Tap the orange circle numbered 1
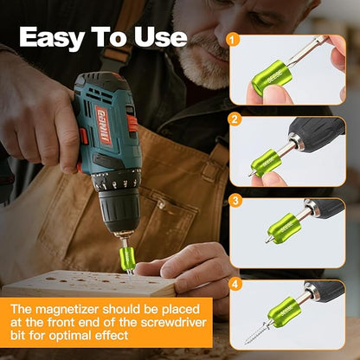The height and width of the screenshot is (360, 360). click(x=233, y=40)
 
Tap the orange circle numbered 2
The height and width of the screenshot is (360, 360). click(x=235, y=119)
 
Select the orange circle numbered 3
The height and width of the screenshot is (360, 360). click(x=235, y=201)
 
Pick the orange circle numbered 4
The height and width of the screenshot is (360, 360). click(x=235, y=285)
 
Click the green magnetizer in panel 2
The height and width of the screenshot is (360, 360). click(x=266, y=163)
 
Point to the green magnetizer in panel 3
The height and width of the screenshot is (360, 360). click(x=284, y=228)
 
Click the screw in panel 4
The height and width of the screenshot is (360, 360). click(x=256, y=332)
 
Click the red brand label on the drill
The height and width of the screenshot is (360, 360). click(x=104, y=125)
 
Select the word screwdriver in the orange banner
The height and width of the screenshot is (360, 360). click(x=173, y=322)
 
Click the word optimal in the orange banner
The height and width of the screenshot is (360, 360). click(x=70, y=336)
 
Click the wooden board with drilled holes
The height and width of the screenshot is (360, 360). click(x=89, y=283)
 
